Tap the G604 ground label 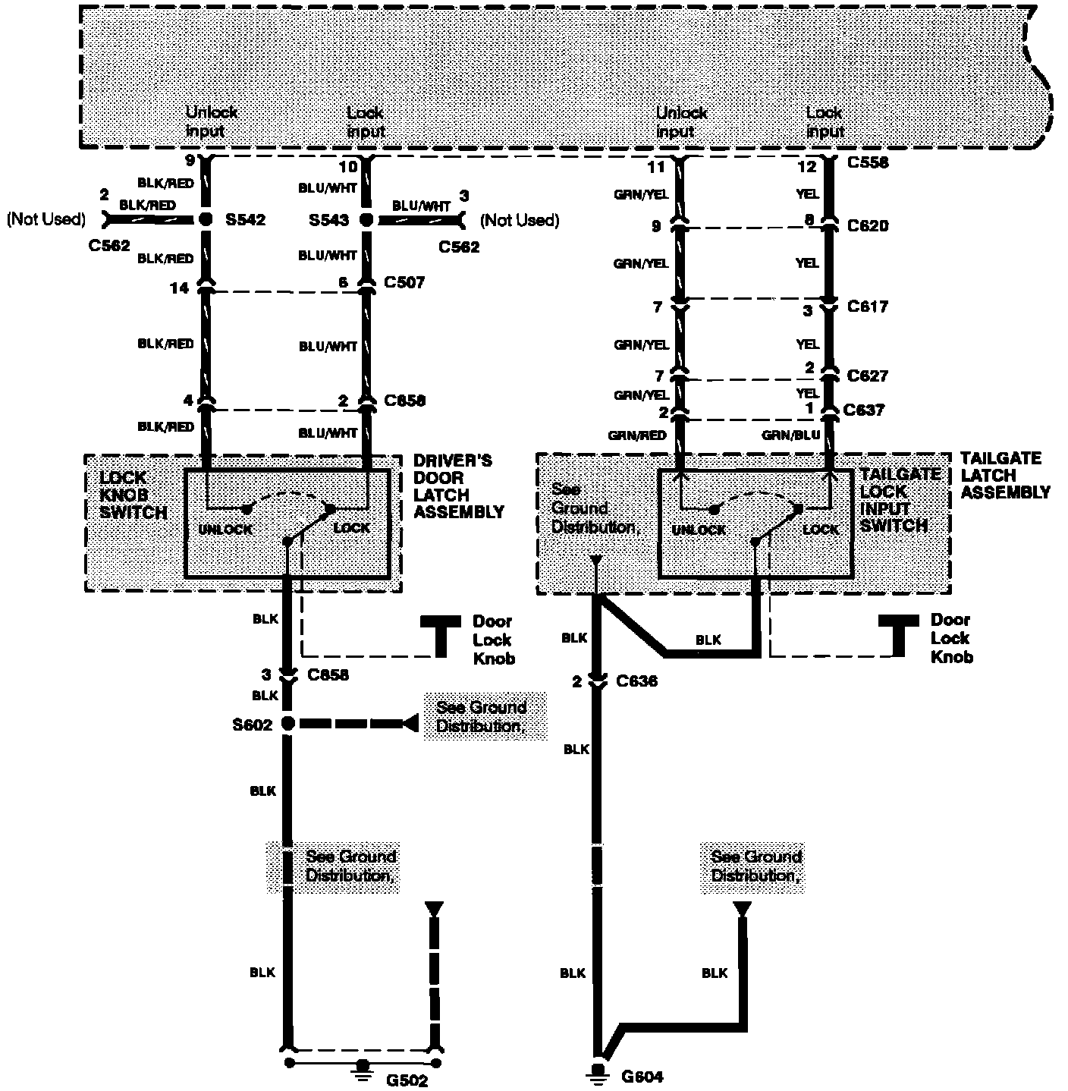(642, 1076)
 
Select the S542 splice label (246, 220)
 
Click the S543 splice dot (366, 220)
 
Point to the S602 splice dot (287, 724)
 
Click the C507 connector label (404, 282)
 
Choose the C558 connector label (868, 162)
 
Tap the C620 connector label (868, 225)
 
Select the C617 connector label (868, 307)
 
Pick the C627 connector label (868, 376)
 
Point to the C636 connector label (636, 681)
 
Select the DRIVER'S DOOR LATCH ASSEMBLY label (458, 486)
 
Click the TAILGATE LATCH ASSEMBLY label (1005, 476)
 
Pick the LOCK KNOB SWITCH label (133, 495)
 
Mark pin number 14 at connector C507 (180, 288)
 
